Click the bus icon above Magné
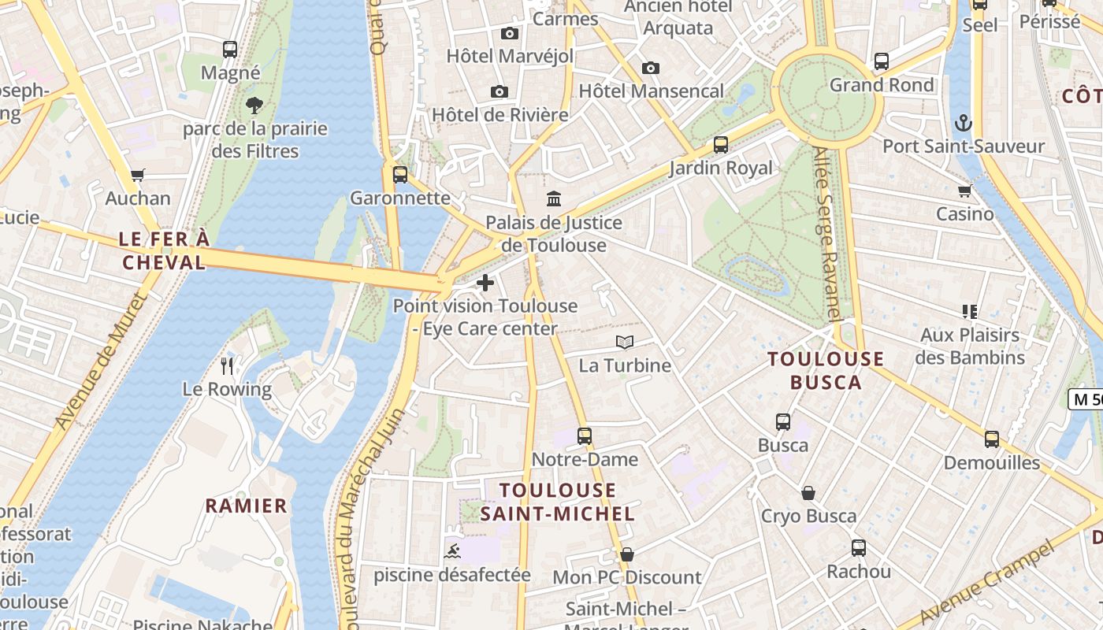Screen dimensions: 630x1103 click(x=230, y=50)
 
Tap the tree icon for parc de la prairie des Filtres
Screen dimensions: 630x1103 click(x=254, y=105)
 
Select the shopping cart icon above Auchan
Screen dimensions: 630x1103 click(x=138, y=175)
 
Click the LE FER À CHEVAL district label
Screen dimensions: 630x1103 click(x=164, y=250)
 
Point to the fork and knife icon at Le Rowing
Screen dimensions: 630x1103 click(x=227, y=365)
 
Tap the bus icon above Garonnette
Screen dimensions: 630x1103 click(x=400, y=175)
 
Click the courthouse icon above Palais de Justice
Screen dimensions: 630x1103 click(x=554, y=199)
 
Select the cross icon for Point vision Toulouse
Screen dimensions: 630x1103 click(x=485, y=283)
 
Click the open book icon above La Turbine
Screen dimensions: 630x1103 click(x=625, y=343)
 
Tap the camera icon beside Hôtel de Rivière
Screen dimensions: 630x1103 click(x=500, y=92)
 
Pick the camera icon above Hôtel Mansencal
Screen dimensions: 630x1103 click(x=651, y=69)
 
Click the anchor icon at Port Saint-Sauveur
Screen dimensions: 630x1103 click(x=964, y=123)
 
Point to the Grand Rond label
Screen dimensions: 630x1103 click(x=882, y=84)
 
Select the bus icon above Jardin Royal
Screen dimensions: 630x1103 click(x=721, y=145)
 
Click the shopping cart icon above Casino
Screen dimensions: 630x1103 click(x=964, y=191)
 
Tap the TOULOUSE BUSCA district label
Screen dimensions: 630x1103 click(x=826, y=370)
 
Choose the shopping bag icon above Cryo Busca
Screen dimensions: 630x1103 click(x=808, y=494)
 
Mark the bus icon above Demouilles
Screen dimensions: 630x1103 click(x=992, y=439)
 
